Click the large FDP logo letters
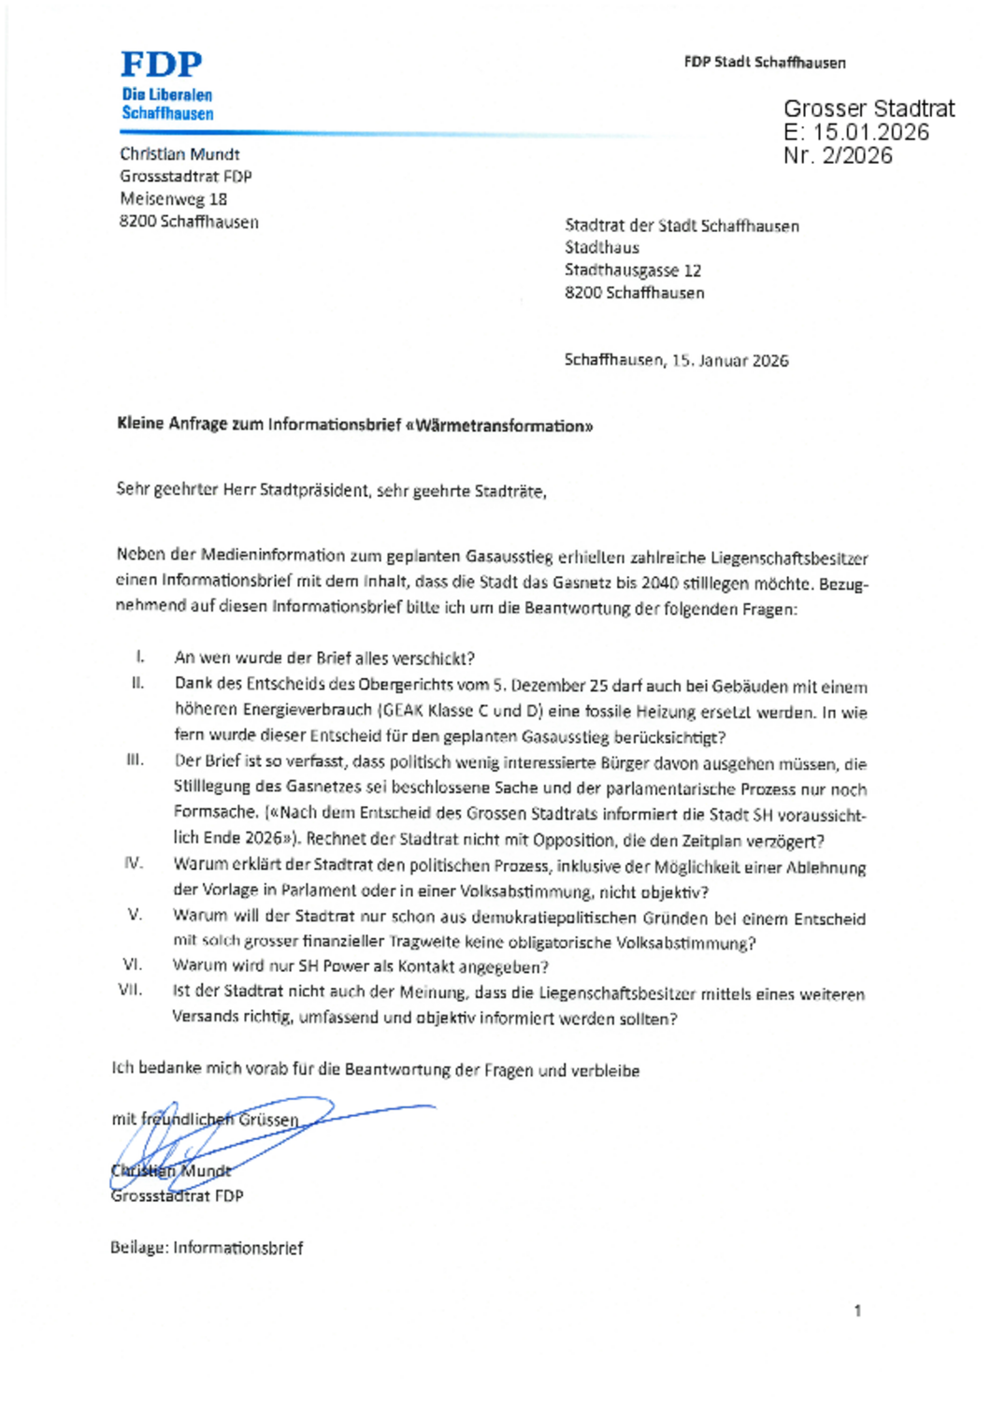click(161, 65)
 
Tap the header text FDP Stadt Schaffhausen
click(764, 63)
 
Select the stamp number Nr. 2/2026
click(838, 156)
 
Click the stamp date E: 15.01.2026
click(856, 133)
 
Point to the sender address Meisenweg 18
click(173, 199)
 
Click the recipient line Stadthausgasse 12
click(632, 270)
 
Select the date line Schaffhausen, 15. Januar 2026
click(676, 360)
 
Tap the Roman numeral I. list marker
click(140, 658)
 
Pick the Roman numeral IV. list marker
click(134, 863)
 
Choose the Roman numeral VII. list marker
click(131, 990)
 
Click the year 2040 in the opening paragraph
click(659, 584)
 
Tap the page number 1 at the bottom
click(857, 1311)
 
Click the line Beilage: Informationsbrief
click(207, 1248)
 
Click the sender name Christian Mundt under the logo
click(179, 154)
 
